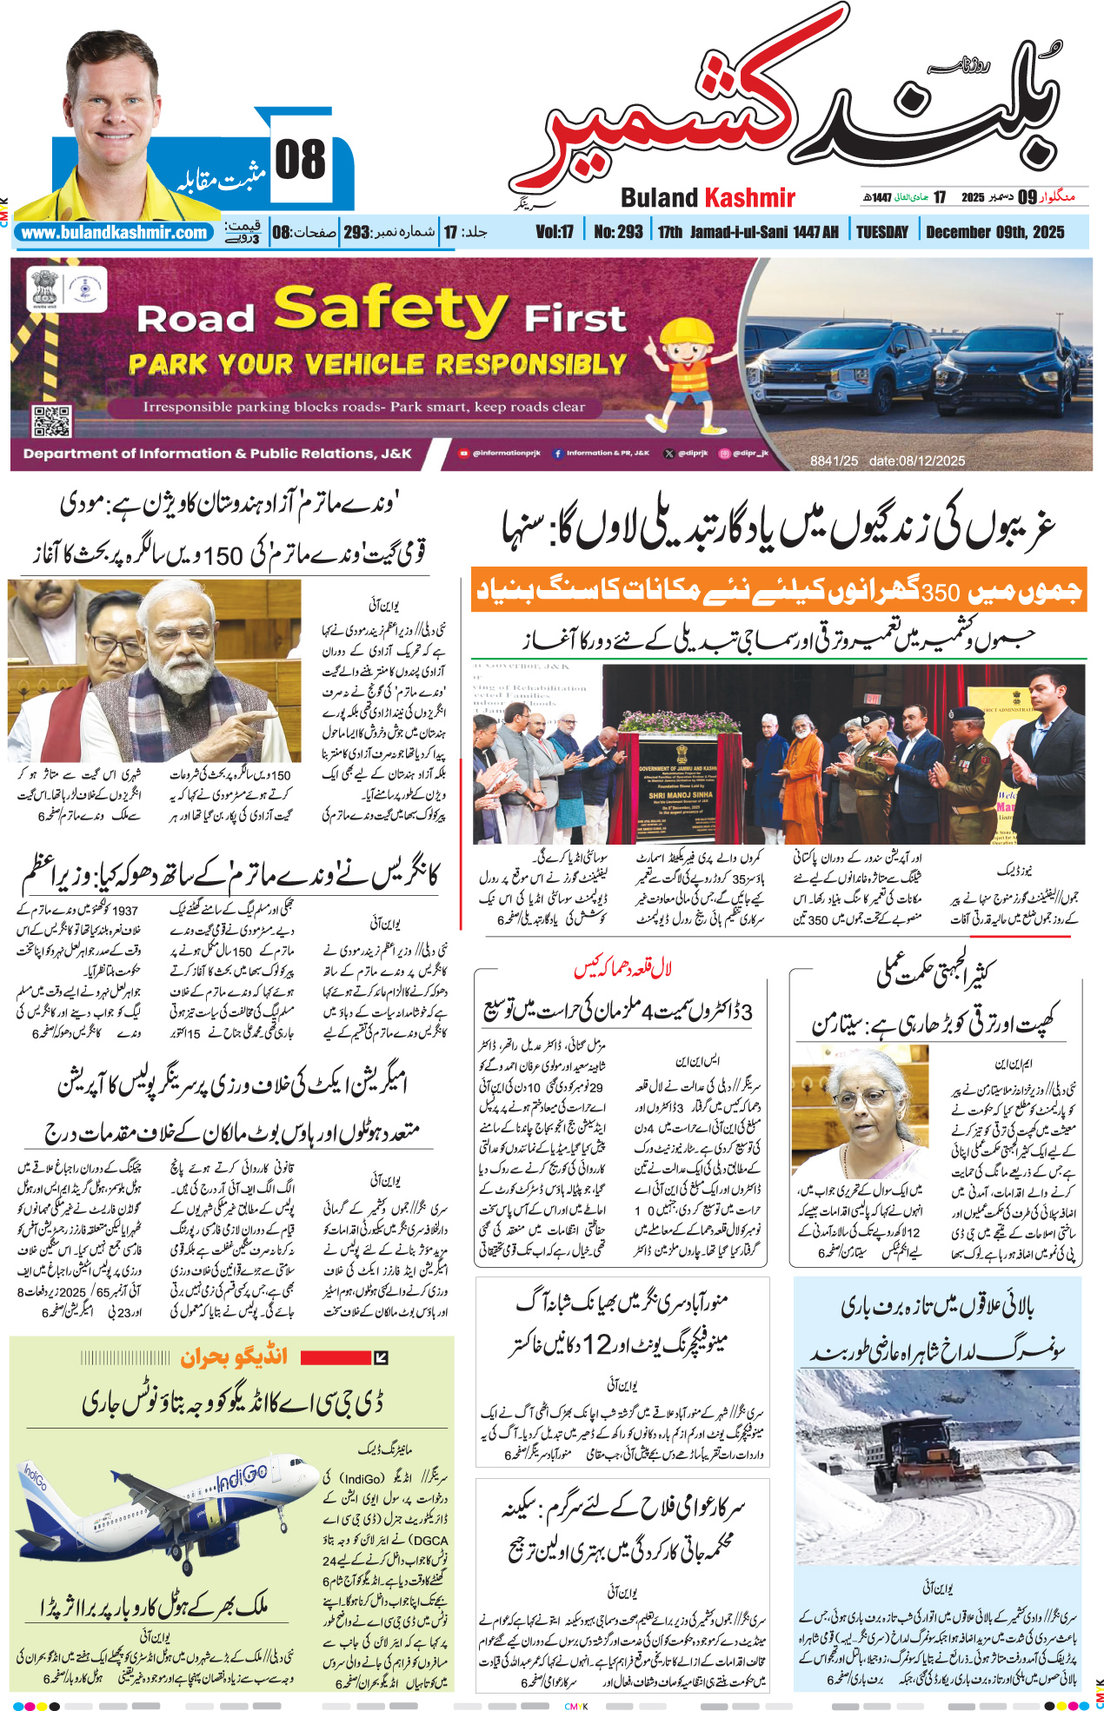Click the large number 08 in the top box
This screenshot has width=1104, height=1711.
click(x=301, y=160)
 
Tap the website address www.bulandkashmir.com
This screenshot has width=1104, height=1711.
click(x=114, y=233)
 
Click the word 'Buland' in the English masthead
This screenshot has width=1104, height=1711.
click(x=659, y=198)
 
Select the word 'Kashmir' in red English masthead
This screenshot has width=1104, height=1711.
click(x=749, y=198)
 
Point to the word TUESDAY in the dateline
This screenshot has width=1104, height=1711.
click(x=881, y=232)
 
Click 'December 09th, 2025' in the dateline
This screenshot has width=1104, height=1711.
click(x=994, y=232)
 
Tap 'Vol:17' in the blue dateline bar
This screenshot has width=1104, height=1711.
click(x=555, y=232)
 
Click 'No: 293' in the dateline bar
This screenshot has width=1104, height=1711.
click(x=618, y=232)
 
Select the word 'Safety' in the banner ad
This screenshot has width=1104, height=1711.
click(x=390, y=310)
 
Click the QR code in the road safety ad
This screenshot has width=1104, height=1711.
click(x=51, y=421)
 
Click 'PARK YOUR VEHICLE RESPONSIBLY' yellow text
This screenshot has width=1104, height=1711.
click(x=377, y=364)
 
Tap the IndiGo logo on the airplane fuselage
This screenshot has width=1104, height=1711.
click(x=242, y=1475)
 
